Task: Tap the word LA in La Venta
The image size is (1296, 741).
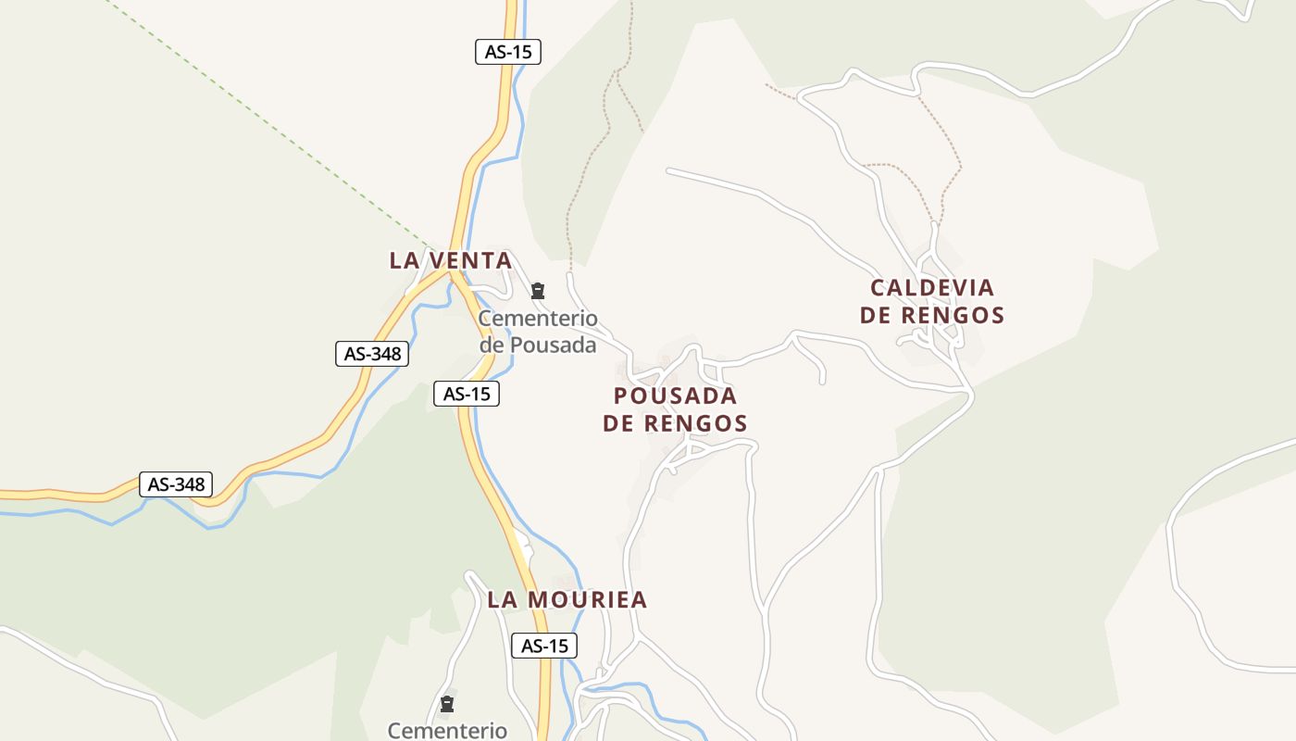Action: click(x=405, y=260)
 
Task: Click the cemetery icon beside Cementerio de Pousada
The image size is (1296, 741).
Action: click(x=538, y=292)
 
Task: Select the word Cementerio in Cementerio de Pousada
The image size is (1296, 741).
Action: click(x=538, y=320)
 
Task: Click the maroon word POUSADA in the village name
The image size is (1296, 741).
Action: click(x=676, y=396)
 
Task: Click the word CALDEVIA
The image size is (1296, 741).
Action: click(x=932, y=288)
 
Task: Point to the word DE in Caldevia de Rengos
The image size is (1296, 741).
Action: click(x=876, y=315)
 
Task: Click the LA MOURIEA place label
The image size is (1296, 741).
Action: click(x=567, y=599)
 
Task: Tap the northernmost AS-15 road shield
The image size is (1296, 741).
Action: click(x=507, y=52)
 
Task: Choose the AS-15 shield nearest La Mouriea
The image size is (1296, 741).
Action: click(x=544, y=646)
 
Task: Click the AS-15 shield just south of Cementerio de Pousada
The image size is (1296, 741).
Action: click(x=467, y=394)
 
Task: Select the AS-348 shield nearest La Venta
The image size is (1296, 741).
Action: click(x=372, y=353)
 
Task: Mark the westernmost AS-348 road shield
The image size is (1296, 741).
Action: click(x=176, y=484)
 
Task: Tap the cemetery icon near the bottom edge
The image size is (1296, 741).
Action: click(x=447, y=704)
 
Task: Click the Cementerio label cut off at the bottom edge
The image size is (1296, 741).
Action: click(x=447, y=731)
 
